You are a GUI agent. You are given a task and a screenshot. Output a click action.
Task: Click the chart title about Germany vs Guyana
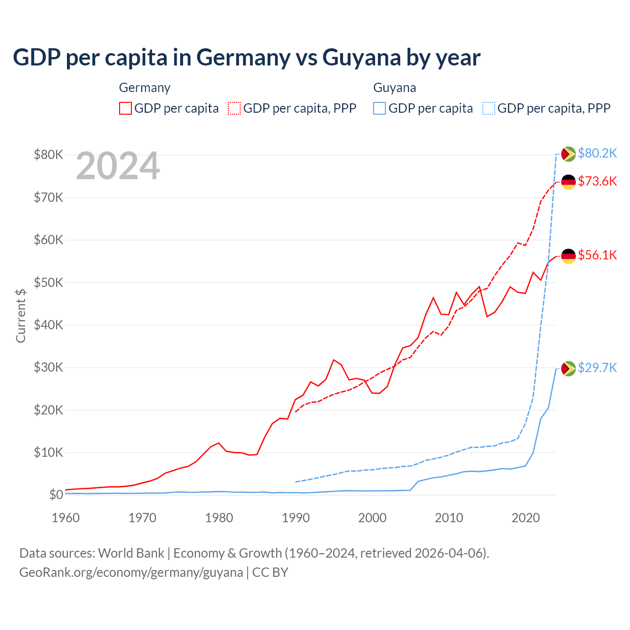(x=247, y=58)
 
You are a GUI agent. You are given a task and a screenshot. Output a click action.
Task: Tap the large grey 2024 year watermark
(x=118, y=166)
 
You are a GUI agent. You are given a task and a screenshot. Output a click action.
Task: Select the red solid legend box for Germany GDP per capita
(x=126, y=108)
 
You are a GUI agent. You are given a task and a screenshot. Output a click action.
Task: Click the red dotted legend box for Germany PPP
(x=234, y=108)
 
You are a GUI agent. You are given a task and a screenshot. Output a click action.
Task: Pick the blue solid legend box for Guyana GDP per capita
(x=379, y=108)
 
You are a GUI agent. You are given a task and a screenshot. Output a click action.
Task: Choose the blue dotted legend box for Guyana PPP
(x=489, y=108)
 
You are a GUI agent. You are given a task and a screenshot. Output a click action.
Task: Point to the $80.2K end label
(x=597, y=153)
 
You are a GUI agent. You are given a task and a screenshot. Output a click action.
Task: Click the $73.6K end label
(x=597, y=181)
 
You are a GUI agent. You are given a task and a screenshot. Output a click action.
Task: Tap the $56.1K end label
(x=597, y=255)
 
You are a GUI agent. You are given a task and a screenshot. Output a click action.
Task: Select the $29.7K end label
(x=597, y=368)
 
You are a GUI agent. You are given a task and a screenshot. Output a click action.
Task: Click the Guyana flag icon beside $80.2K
(x=568, y=154)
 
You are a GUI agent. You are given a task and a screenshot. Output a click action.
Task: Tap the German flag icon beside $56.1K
(x=568, y=256)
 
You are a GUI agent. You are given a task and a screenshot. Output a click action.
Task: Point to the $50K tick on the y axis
(x=48, y=283)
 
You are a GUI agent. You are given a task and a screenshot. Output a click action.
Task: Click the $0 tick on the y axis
(x=56, y=495)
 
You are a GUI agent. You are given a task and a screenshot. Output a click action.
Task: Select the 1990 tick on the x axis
(x=296, y=518)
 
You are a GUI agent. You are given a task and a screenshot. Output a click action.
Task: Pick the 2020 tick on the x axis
(x=526, y=518)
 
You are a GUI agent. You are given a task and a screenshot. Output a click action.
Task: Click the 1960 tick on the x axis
(x=66, y=518)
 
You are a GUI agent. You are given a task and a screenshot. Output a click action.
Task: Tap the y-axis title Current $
(x=21, y=315)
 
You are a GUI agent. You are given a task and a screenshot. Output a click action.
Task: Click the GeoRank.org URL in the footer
(x=131, y=572)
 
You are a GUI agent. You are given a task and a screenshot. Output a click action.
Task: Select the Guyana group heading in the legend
(x=395, y=88)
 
